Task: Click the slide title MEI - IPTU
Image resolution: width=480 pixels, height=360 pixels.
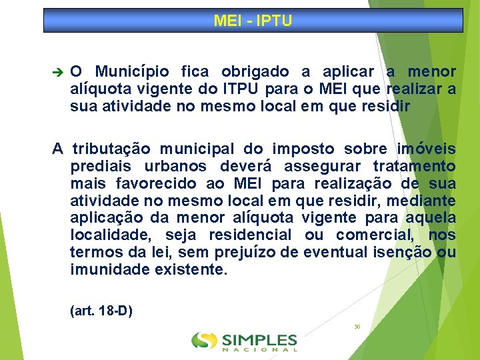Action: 253,21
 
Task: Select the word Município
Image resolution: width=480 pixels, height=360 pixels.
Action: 132,71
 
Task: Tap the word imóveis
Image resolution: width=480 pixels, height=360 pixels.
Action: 427,148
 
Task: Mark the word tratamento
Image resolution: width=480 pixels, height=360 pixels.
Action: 415,165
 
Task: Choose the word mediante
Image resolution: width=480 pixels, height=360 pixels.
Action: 427,200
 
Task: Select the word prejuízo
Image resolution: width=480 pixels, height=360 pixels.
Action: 243,252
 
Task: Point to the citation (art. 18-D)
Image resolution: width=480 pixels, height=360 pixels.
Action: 101,311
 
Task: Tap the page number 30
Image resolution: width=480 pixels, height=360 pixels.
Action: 357,327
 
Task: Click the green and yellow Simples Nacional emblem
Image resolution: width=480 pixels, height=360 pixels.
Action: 204,341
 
